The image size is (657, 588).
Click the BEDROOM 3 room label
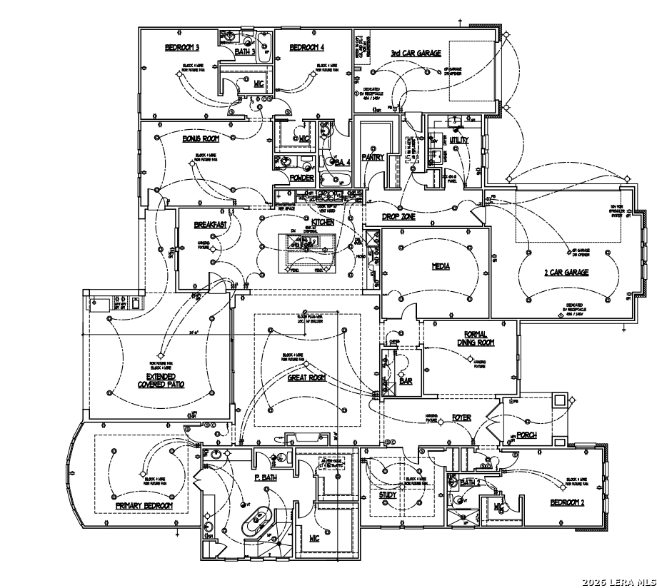tap(182, 48)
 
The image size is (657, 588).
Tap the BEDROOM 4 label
tap(307, 48)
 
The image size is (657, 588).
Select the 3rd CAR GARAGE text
tap(416, 53)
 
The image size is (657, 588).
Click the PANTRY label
tap(373, 157)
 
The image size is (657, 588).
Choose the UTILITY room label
tap(459, 141)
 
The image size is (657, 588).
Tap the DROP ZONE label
tap(398, 216)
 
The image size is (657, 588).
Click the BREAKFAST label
tap(210, 225)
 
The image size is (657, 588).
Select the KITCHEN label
tap(318, 223)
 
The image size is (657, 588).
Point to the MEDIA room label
tap(441, 266)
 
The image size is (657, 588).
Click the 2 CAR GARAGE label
tap(566, 272)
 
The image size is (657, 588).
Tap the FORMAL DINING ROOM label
tap(476, 338)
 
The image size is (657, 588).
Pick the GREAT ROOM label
tap(307, 377)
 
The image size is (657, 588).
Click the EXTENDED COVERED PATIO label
tap(161, 380)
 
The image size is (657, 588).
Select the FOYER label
tap(461, 417)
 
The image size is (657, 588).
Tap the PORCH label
tap(527, 435)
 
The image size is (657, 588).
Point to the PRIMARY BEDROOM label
tap(144, 505)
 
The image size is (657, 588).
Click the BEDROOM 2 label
tap(567, 502)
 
